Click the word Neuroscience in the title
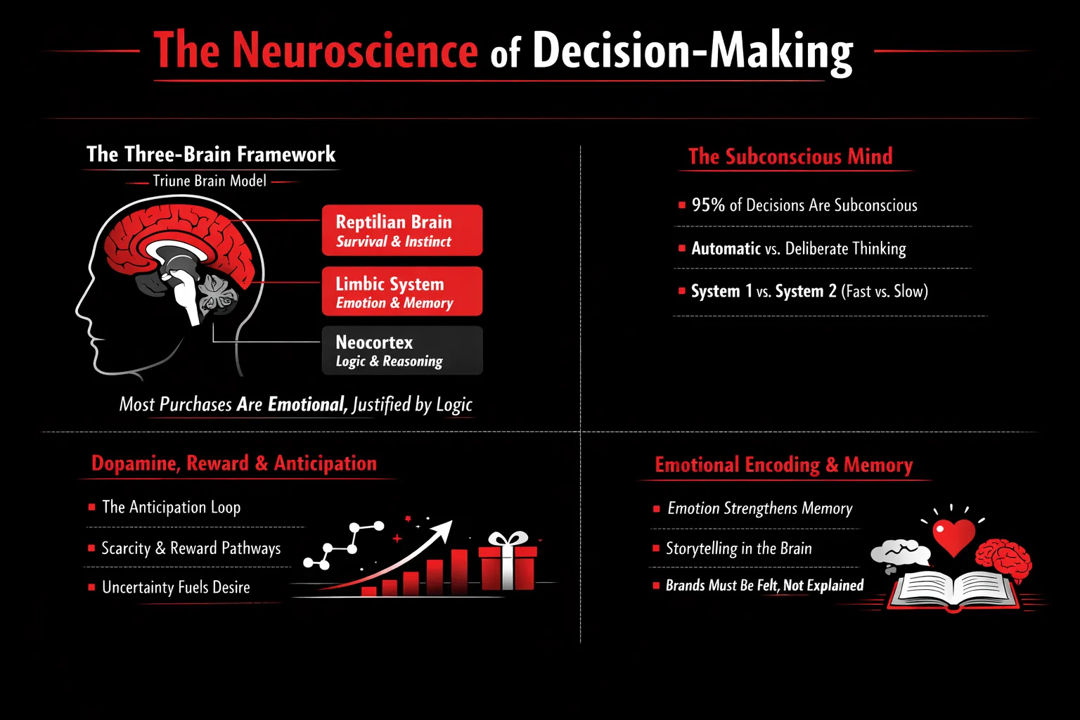pyautogui.click(x=355, y=51)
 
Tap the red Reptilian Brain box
pyautogui.click(x=402, y=231)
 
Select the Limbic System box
pyautogui.click(x=402, y=291)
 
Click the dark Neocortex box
pyautogui.click(x=402, y=350)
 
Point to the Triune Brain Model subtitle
pyautogui.click(x=210, y=181)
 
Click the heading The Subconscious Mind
pyautogui.click(x=790, y=156)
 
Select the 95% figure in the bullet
pyautogui.click(x=708, y=205)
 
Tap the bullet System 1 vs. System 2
pyautogui.click(x=809, y=291)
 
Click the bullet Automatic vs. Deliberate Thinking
pyautogui.click(x=799, y=248)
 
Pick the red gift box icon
pyautogui.click(x=507, y=562)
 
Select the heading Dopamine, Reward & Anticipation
pyautogui.click(x=234, y=463)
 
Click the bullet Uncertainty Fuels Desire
pyautogui.click(x=176, y=587)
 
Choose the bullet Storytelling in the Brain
pyautogui.click(x=738, y=548)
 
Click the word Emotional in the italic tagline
pyautogui.click(x=307, y=404)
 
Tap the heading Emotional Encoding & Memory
pyautogui.click(x=784, y=465)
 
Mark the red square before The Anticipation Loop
pyautogui.click(x=92, y=507)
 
